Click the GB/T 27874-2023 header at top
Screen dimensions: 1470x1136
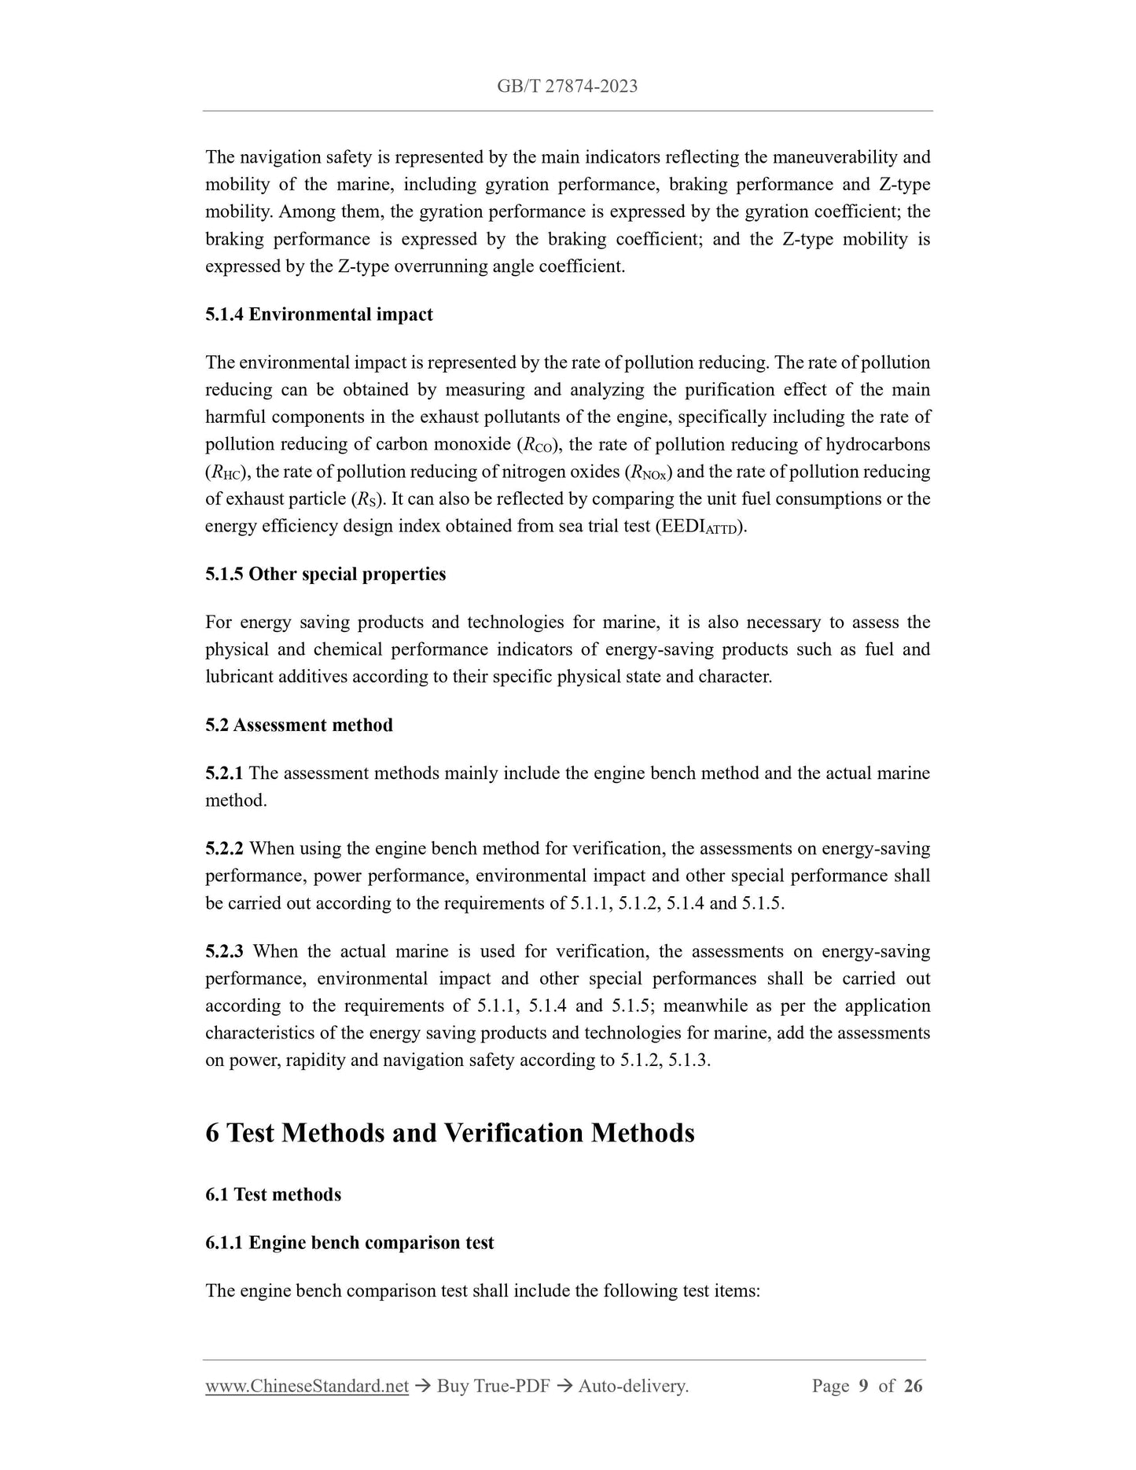[x=567, y=86]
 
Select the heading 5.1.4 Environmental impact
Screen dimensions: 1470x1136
[x=318, y=314]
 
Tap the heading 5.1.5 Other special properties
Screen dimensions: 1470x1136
[x=325, y=574]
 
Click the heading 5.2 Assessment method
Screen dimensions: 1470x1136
[x=299, y=725]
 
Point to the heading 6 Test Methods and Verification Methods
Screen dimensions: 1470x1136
[x=450, y=1133]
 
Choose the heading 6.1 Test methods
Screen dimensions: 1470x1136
[x=273, y=1194]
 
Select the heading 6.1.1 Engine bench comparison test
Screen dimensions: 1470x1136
[x=349, y=1242]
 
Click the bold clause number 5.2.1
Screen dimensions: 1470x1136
[x=224, y=773]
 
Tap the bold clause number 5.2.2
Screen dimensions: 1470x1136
[x=224, y=848]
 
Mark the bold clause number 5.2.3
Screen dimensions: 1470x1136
[x=224, y=951]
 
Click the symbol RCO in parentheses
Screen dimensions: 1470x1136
[x=538, y=446]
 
